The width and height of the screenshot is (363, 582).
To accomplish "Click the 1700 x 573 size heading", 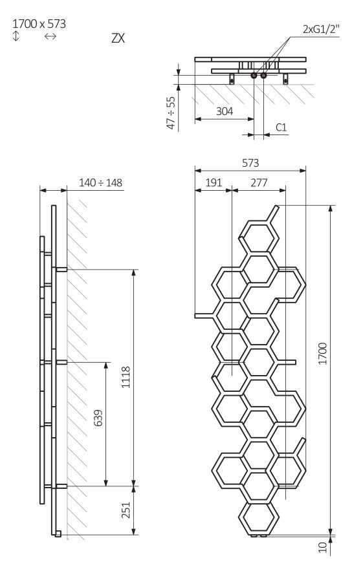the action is tap(39, 24).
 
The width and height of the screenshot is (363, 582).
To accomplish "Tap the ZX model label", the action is tap(118, 38).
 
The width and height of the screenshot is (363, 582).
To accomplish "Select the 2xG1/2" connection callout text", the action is tap(321, 29).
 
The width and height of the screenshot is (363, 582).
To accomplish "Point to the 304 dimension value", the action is tap(225, 111).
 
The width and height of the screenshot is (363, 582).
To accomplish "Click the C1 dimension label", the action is tap(281, 127).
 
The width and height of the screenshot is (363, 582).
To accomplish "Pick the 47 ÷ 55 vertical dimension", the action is tap(171, 113).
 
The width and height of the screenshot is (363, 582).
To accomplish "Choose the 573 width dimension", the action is tap(250, 163).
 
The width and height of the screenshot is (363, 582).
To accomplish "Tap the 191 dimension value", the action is tap(214, 182).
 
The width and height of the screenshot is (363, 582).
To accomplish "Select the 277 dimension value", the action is tap(259, 182).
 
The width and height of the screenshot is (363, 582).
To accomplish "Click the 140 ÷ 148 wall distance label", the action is tap(100, 182).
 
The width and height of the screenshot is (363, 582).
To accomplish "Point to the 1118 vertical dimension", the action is tap(126, 377).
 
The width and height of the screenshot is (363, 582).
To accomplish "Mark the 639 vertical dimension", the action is tap(98, 418).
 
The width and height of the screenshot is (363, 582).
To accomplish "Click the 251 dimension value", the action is tap(126, 510).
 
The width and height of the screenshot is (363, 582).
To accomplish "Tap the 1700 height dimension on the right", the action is tap(323, 354).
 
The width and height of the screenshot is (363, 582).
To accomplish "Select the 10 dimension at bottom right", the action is tap(323, 547).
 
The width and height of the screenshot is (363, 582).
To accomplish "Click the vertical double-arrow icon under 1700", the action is tap(16, 36).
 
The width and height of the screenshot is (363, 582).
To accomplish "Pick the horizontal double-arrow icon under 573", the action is tap(50, 36).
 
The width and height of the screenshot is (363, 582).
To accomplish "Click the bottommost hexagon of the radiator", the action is tap(259, 517).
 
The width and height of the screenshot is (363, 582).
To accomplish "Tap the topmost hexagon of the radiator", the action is tap(259, 237).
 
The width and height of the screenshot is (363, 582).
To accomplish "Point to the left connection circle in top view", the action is tap(254, 76).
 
